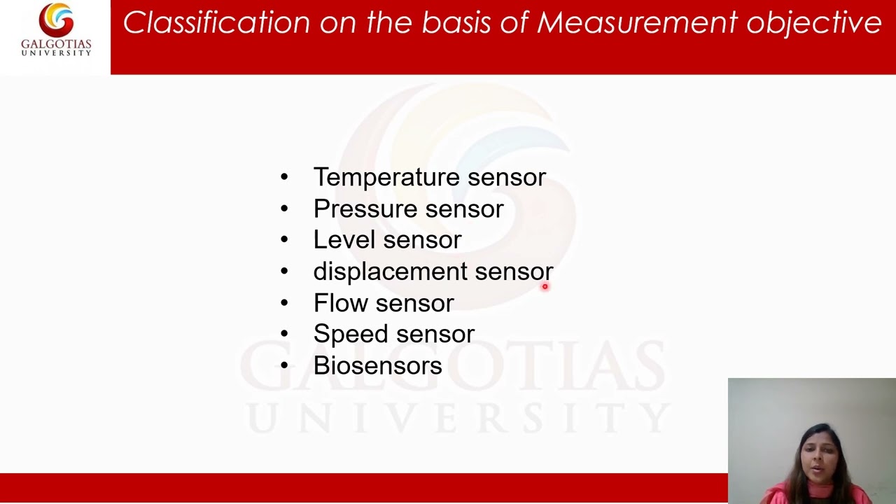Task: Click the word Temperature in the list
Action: pos(386,178)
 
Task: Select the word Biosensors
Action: pos(377,365)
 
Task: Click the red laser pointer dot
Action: pos(545,286)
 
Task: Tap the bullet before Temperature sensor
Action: pos(283,177)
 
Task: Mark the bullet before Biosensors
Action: pos(283,365)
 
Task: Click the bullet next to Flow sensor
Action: pos(283,302)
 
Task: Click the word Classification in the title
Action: pos(216,22)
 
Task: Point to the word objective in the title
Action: pos(813,23)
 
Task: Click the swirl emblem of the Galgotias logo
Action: pos(56,20)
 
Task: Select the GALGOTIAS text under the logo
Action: pos(56,45)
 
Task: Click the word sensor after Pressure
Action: pos(464,209)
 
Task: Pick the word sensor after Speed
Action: pos(435,335)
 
